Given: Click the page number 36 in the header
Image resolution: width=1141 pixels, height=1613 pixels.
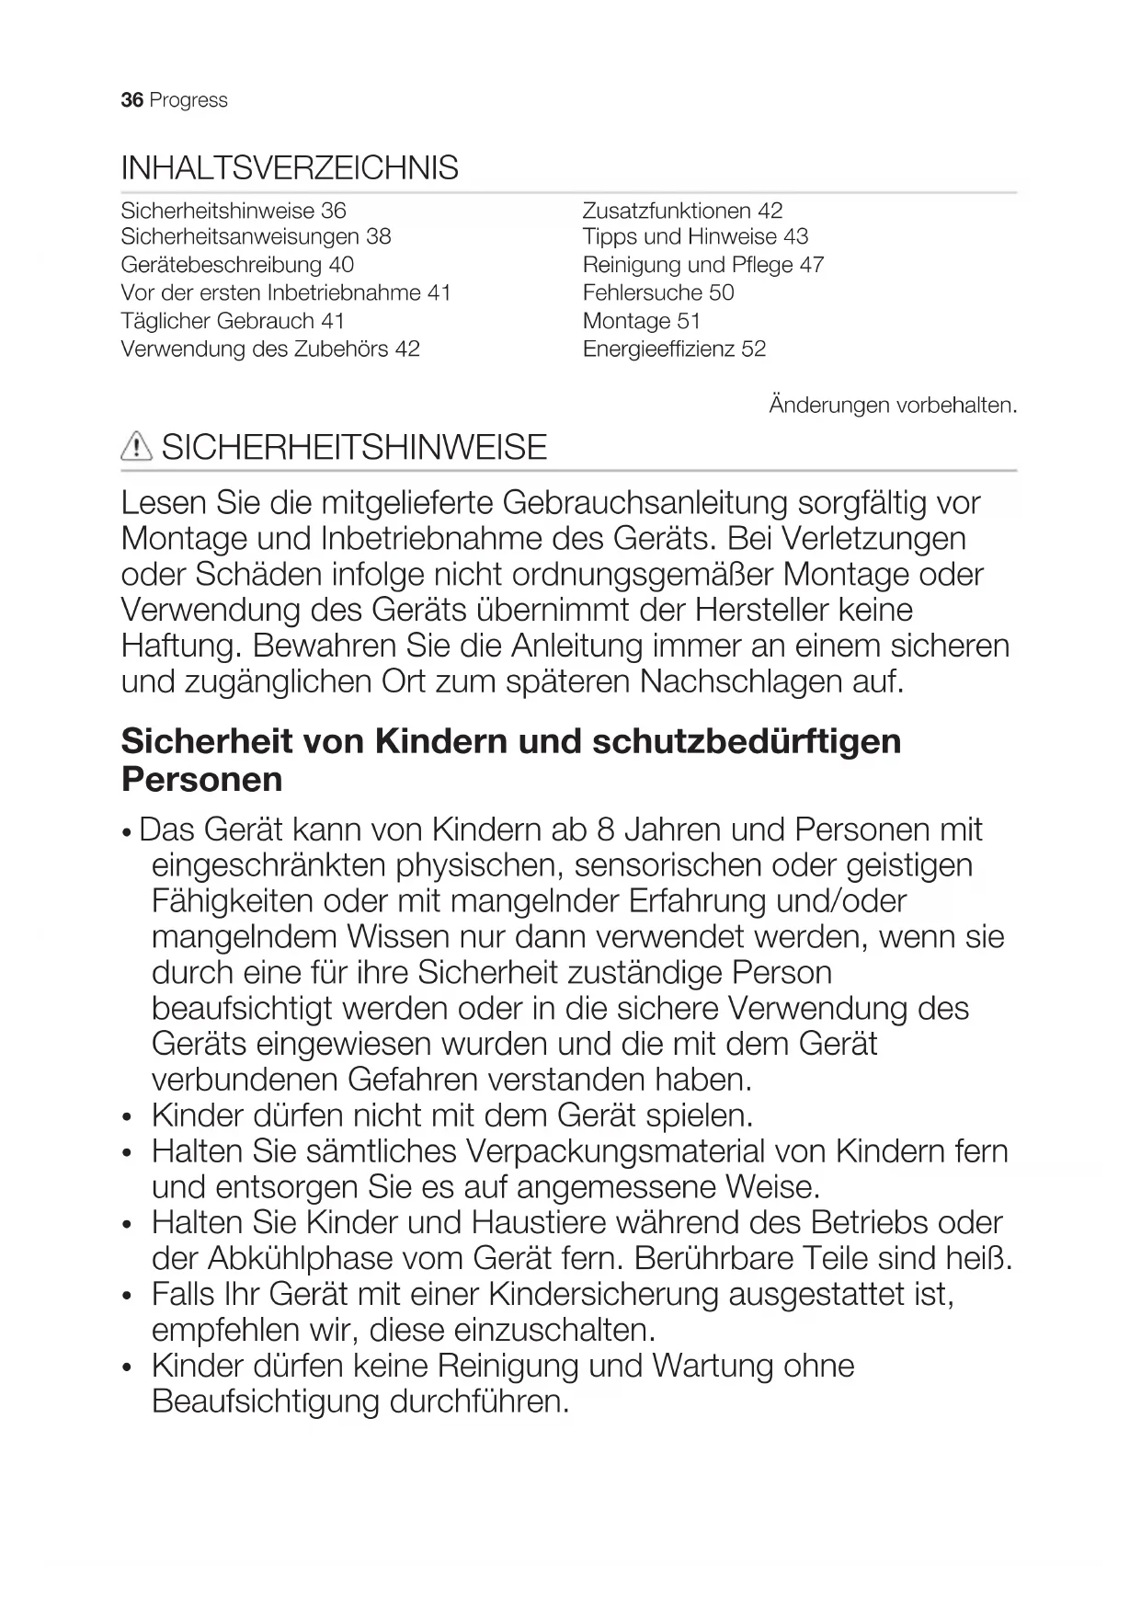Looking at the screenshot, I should click(x=131, y=100).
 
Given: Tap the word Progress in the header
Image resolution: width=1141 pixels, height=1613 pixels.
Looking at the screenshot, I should click(x=188, y=100).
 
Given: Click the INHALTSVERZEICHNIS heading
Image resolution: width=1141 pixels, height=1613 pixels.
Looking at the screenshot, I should click(x=290, y=168).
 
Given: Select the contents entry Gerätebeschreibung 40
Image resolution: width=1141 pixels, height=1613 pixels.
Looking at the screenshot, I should click(x=237, y=265).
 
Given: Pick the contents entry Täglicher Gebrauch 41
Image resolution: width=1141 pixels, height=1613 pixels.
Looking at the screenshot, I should click(x=233, y=321).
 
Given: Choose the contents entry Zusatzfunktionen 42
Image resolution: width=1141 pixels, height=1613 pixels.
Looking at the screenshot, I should click(x=682, y=211).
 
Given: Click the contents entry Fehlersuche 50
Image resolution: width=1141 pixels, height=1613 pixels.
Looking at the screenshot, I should click(x=658, y=292).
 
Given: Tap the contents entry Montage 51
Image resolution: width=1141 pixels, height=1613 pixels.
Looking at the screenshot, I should click(x=642, y=321).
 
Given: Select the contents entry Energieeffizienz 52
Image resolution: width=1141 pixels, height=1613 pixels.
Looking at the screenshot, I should click(x=674, y=349).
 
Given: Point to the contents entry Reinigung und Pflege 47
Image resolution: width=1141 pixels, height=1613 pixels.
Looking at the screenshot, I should click(x=703, y=265).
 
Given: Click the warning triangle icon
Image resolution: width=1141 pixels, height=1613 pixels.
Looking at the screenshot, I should click(x=136, y=447).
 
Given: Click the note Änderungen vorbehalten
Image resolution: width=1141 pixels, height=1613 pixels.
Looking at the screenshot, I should click(x=893, y=405).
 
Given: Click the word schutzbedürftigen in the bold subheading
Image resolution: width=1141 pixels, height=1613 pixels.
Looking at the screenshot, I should click(x=747, y=741).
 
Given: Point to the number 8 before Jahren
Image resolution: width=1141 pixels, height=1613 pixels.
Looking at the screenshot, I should click(x=605, y=829).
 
